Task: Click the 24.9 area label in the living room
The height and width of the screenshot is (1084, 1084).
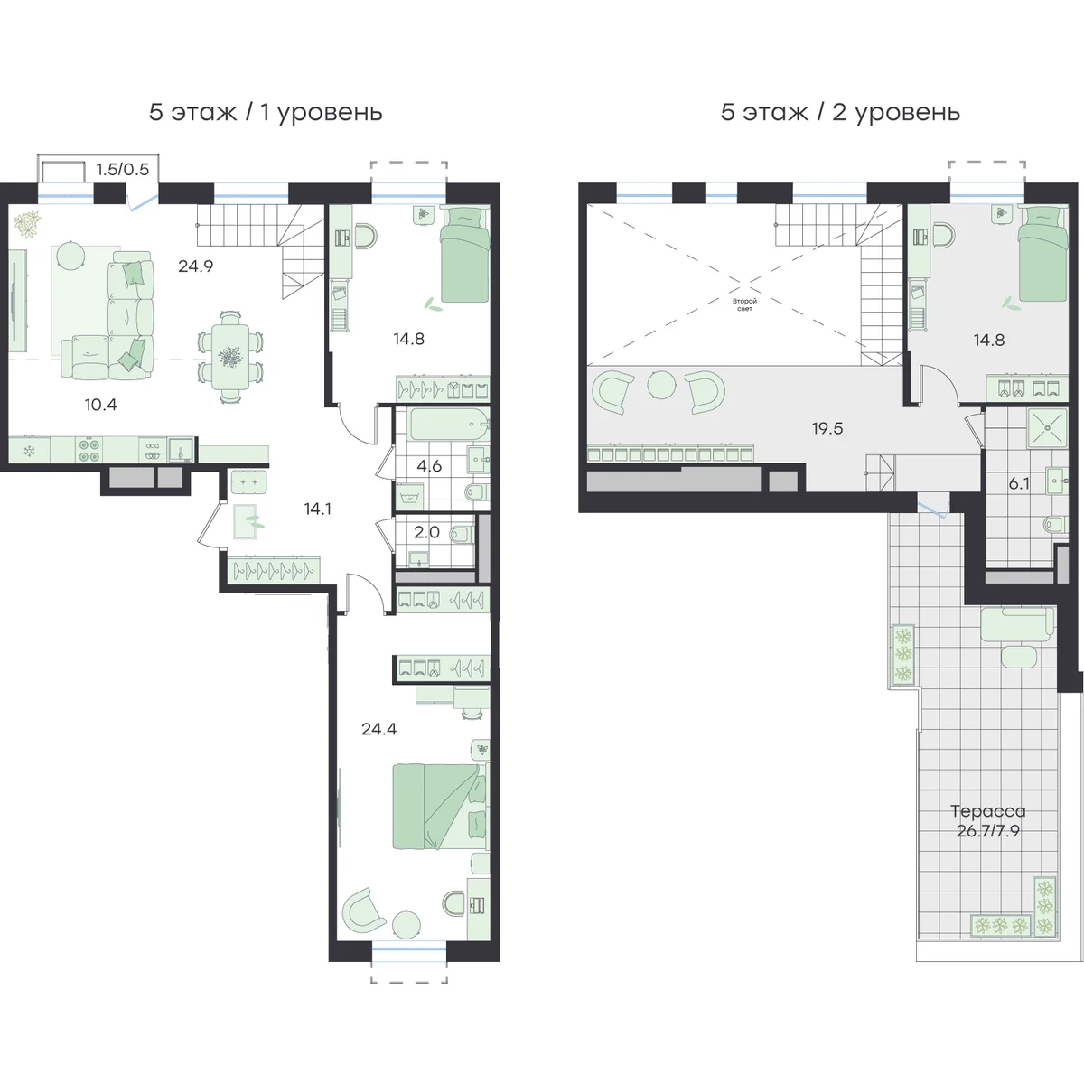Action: [x=195, y=266]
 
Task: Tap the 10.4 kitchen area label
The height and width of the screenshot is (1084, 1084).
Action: [x=100, y=405]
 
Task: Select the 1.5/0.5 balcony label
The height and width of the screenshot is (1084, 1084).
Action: [x=122, y=169]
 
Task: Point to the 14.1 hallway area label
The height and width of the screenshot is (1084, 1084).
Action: [x=317, y=509]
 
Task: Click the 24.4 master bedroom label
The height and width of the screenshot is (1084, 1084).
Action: [x=378, y=729]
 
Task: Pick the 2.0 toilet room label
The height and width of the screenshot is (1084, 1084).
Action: [x=426, y=532]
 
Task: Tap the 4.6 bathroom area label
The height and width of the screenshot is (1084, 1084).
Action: [x=429, y=466]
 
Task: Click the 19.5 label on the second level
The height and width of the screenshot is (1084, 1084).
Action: [x=827, y=429]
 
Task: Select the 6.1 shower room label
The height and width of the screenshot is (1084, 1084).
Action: [x=1019, y=483]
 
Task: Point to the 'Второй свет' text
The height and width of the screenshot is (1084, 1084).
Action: [x=744, y=304]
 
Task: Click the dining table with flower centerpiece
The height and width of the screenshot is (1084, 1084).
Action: [x=230, y=356]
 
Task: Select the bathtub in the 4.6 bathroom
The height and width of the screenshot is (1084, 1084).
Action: [x=449, y=425]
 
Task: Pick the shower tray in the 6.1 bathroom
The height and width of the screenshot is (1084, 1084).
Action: [x=1047, y=428]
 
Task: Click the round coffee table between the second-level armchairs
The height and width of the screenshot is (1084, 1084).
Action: [x=660, y=385]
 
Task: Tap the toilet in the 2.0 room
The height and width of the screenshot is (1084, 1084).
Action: [x=461, y=532]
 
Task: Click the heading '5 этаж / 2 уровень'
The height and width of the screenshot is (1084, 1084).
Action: [x=840, y=113]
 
